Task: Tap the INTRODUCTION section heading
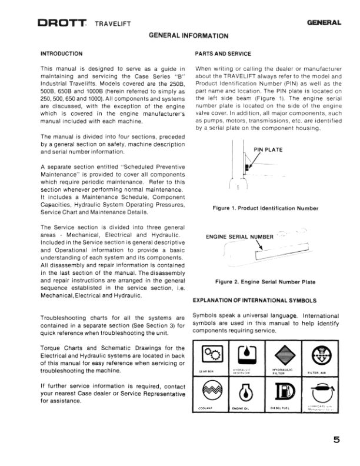61,54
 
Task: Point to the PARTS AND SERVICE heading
223,54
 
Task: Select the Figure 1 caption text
266,208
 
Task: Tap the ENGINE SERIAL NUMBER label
239,237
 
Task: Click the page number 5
336,438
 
